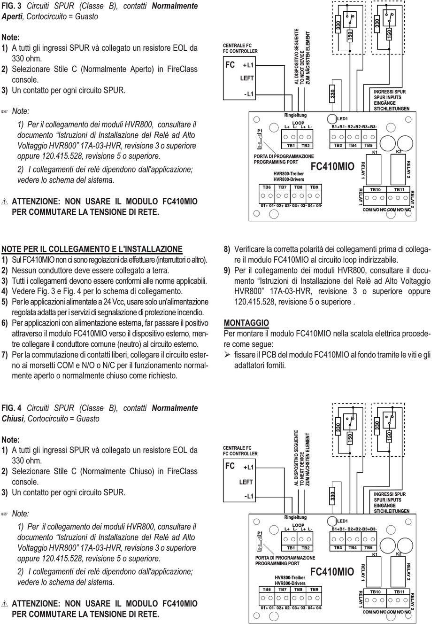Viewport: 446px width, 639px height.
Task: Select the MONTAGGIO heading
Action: point(246,323)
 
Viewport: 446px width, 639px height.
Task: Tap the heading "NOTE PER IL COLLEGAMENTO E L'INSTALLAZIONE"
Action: point(92,249)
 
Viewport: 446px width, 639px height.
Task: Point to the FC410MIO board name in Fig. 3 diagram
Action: point(332,167)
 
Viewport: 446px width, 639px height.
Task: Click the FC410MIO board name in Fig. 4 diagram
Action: point(332,571)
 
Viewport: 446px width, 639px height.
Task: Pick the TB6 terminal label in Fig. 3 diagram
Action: point(267,187)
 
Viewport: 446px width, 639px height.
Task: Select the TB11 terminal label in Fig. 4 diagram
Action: point(399,592)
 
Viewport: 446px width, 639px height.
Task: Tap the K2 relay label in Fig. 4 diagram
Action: point(399,554)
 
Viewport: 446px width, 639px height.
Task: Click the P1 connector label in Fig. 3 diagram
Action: point(260,131)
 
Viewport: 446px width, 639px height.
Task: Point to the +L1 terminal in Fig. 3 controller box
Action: point(248,65)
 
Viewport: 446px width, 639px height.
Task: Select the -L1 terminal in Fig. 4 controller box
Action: point(248,496)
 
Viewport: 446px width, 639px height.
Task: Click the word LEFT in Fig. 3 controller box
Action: point(247,78)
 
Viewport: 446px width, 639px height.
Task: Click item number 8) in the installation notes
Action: point(227,249)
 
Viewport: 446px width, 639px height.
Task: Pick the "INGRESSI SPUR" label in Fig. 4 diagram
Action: point(390,494)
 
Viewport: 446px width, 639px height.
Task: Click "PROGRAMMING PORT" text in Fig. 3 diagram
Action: point(276,162)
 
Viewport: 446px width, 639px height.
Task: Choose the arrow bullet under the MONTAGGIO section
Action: point(227,355)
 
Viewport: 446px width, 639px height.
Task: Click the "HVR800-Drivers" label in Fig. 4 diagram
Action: point(290,583)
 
